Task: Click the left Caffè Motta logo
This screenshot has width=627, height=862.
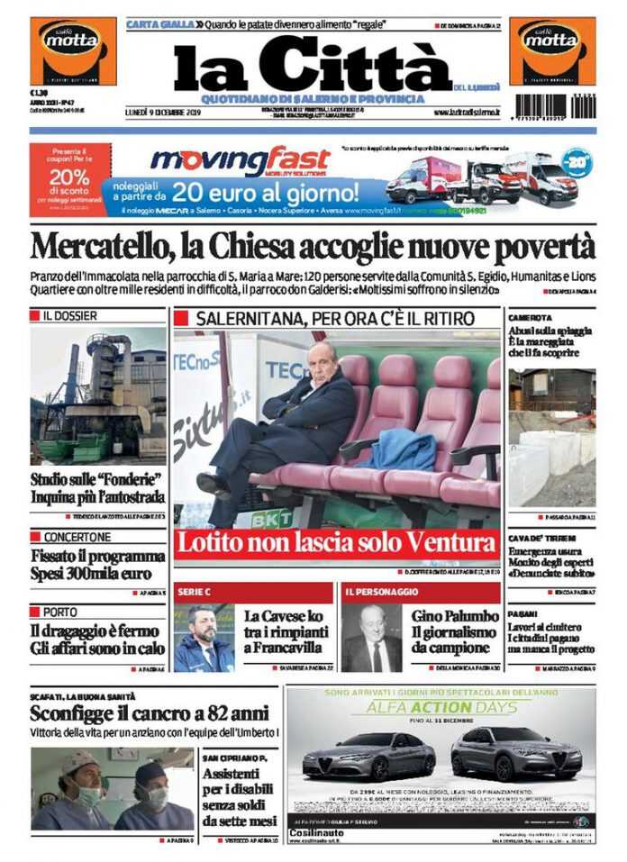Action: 73,50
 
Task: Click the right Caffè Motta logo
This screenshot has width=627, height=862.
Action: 552,50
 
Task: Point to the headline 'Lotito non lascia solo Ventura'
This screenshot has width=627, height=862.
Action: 335,544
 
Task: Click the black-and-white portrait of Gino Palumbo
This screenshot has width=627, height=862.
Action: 371,639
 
